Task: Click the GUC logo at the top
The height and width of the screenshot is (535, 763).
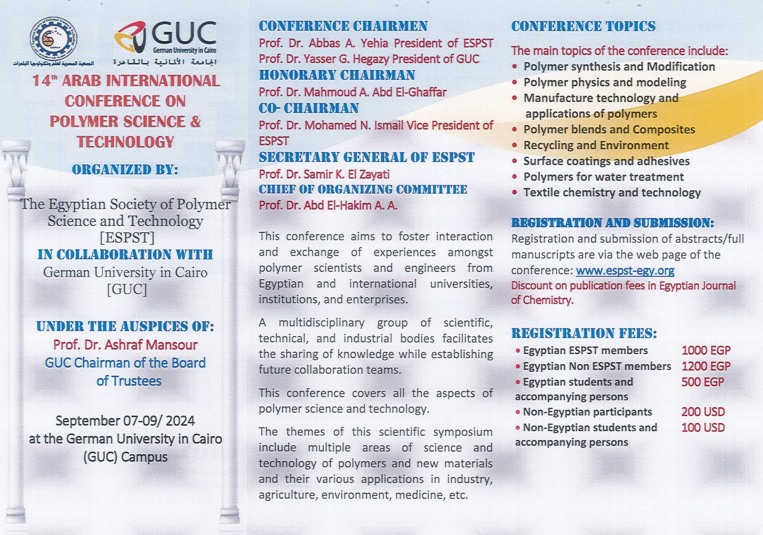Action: pyautogui.click(x=165, y=38)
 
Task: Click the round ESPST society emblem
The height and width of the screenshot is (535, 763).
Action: pyautogui.click(x=53, y=38)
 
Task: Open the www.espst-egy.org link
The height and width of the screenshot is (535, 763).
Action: pyautogui.click(x=625, y=271)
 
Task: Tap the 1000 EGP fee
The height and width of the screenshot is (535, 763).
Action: pyautogui.click(x=706, y=351)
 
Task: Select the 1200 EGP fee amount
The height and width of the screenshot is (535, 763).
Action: pyautogui.click(x=706, y=366)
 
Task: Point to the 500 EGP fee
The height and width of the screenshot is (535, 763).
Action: pyautogui.click(x=702, y=382)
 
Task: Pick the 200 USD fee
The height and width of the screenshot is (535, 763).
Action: pyautogui.click(x=703, y=412)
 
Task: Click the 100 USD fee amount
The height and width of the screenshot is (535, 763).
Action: pyautogui.click(x=703, y=428)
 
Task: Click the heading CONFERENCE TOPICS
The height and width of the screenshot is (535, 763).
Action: pyautogui.click(x=583, y=27)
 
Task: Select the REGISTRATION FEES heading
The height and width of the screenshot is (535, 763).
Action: pyautogui.click(x=584, y=333)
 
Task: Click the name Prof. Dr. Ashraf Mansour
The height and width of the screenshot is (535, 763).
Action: pyautogui.click(x=125, y=345)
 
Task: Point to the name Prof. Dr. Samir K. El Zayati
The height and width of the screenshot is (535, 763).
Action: pyautogui.click(x=324, y=174)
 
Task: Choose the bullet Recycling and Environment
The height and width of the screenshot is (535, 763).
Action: pyautogui.click(x=596, y=145)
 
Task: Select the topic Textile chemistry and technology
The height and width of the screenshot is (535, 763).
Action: pyautogui.click(x=612, y=193)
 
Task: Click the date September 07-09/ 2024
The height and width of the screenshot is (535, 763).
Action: pyautogui.click(x=125, y=421)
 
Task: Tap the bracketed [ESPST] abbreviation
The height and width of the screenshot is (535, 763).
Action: pyautogui.click(x=127, y=238)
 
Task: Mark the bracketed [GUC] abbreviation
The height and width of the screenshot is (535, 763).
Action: pyautogui.click(x=127, y=289)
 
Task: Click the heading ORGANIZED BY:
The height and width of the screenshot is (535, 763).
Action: pyautogui.click(x=125, y=170)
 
